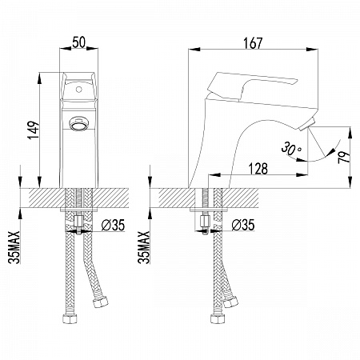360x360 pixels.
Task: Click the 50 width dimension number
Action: pos(79,42)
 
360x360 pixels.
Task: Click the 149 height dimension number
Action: pos(34,130)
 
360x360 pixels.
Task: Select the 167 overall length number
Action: pos(253,43)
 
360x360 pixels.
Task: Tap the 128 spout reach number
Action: pos(258,169)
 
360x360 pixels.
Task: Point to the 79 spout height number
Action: pos(344,158)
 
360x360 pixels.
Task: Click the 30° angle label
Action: pos(291,149)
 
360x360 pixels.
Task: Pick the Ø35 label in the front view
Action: pos(113,225)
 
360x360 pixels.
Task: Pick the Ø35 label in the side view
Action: pos(243,225)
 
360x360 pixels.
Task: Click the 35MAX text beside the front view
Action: pos(14,247)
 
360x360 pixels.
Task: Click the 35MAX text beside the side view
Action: pos(144,247)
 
